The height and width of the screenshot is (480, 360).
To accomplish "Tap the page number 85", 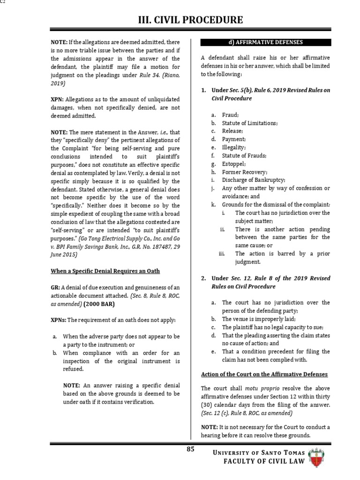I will pos(190,449).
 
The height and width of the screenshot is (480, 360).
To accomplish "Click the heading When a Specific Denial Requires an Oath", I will pos(105,270).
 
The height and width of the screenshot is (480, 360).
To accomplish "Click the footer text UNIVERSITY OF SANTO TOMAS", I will pos(259,452).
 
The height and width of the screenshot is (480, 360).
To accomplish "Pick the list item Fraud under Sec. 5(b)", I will pos(230,115).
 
